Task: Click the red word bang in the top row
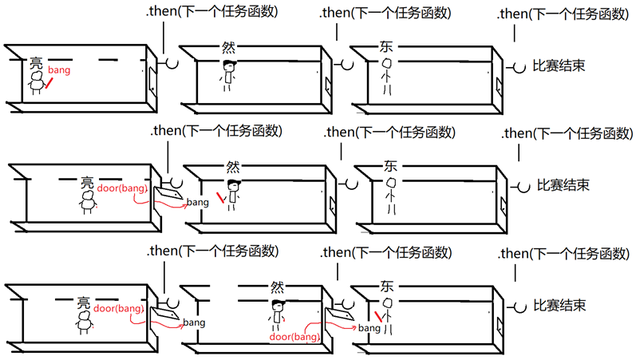(59, 70)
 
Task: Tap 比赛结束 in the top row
(559, 66)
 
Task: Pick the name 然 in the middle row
(233, 167)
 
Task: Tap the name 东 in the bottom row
(388, 286)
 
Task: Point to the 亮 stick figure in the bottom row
(85, 320)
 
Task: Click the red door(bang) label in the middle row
(121, 188)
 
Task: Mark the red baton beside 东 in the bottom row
(379, 318)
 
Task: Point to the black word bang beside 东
(369, 328)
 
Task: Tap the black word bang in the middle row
(197, 203)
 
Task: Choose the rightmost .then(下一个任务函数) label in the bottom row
(563, 253)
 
